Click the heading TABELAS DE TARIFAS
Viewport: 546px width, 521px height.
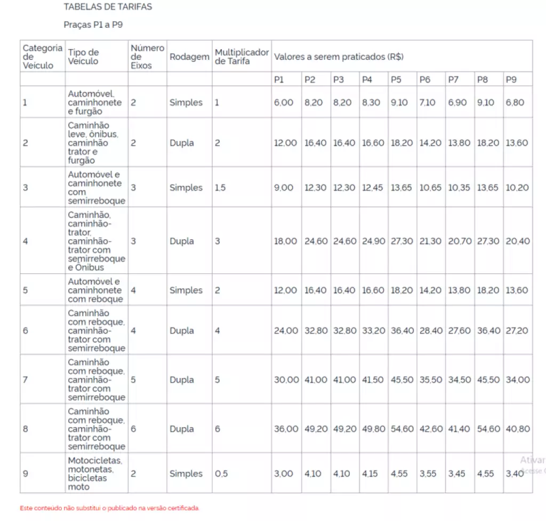(x=108, y=7)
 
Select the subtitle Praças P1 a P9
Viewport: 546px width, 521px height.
(x=93, y=25)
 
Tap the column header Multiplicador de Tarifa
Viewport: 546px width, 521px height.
(x=242, y=57)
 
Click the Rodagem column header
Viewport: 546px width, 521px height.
(x=189, y=57)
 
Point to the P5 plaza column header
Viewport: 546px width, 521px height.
(x=396, y=80)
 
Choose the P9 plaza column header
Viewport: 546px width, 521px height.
(x=511, y=80)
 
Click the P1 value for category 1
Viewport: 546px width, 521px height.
(x=284, y=102)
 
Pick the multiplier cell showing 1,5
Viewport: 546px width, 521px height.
(x=220, y=188)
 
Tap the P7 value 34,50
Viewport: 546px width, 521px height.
(x=459, y=380)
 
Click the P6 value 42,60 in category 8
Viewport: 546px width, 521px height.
(x=430, y=429)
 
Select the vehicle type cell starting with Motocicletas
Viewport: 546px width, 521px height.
(x=95, y=473)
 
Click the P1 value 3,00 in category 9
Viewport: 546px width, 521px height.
(x=284, y=474)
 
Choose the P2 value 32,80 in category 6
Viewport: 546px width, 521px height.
(x=316, y=331)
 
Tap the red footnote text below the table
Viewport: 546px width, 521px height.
(x=109, y=508)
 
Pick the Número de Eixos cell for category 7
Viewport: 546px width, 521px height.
(x=133, y=380)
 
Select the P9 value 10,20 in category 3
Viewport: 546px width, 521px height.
(x=517, y=188)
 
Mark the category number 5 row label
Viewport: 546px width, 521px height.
(x=26, y=290)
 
